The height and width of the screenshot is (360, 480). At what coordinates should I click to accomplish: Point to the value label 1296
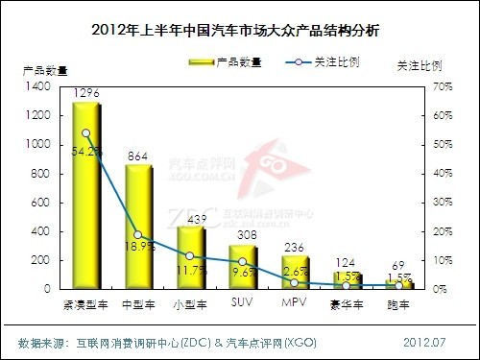pos(87,93)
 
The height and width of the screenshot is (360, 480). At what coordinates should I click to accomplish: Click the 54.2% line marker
pos(86,133)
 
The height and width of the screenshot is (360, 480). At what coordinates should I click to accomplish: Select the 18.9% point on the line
pos(138,235)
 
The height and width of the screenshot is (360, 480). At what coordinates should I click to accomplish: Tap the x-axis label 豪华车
pos(347,304)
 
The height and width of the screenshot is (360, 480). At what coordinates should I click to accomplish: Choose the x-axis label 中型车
pos(138,304)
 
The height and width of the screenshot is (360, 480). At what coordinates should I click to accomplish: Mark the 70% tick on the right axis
pos(443,86)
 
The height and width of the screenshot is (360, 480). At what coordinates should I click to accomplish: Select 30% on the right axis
pos(443,203)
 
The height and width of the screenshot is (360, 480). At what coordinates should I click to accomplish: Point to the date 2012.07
pos(426,342)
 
